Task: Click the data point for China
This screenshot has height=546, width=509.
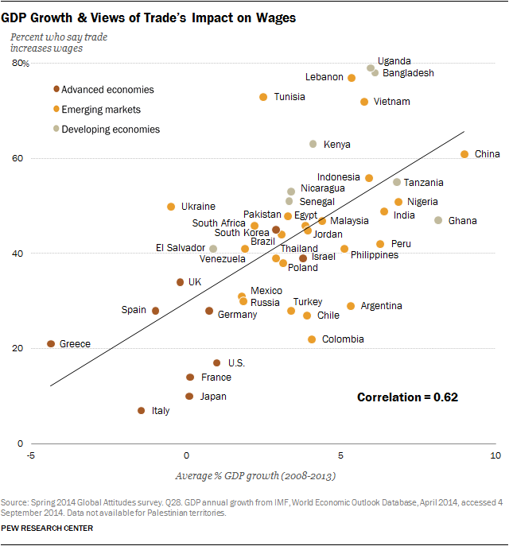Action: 464,154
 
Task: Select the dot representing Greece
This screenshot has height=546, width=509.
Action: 51,344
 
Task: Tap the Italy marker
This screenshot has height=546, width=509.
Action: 141,411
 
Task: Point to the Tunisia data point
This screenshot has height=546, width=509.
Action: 263,97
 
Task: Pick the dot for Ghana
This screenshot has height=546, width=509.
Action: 438,220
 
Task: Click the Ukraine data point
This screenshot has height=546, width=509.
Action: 171,207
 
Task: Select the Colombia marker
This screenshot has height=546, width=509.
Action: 312,339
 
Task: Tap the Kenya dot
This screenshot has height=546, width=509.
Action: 313,144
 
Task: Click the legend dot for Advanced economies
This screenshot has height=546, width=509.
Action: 56,89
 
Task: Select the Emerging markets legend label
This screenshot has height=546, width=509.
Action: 101,110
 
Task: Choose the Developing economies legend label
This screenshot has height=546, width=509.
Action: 111,130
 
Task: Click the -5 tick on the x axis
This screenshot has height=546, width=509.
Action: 31,455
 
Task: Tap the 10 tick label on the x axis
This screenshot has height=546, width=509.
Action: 495,455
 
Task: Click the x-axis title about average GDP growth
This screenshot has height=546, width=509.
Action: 254,476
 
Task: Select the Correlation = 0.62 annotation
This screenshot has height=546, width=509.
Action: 407,397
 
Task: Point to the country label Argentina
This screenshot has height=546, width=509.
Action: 381,306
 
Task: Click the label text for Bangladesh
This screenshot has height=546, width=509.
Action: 408,73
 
